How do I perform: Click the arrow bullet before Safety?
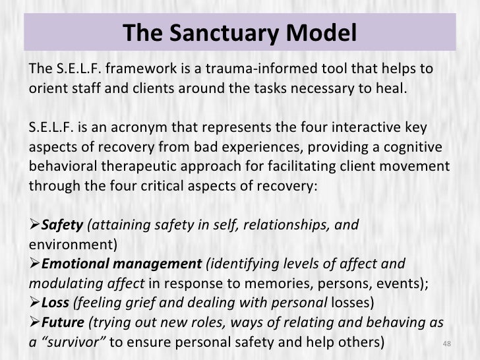[35, 225]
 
